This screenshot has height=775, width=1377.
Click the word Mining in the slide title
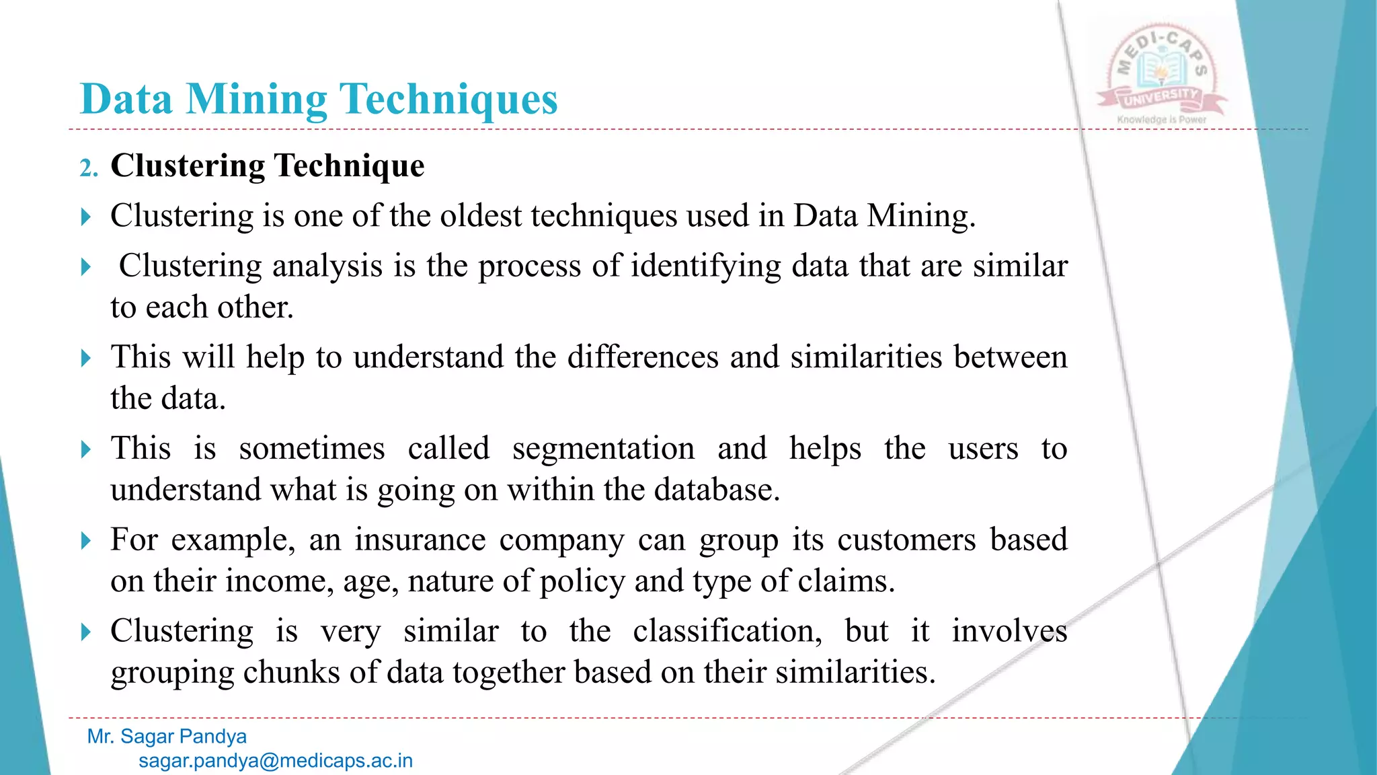pos(257,100)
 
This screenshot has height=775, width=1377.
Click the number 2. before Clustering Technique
pos(89,168)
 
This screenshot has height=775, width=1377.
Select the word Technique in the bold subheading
pos(350,166)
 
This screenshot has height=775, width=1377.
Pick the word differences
pos(643,357)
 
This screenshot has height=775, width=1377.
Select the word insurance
pos(420,540)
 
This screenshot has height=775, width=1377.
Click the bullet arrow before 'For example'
pos(85,540)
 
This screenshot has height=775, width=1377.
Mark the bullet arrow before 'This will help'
pos(85,358)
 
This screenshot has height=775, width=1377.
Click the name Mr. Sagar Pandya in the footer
pos(167,737)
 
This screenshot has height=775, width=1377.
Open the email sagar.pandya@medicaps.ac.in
pos(276,761)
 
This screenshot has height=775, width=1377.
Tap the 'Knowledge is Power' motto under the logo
pos(1161,120)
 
